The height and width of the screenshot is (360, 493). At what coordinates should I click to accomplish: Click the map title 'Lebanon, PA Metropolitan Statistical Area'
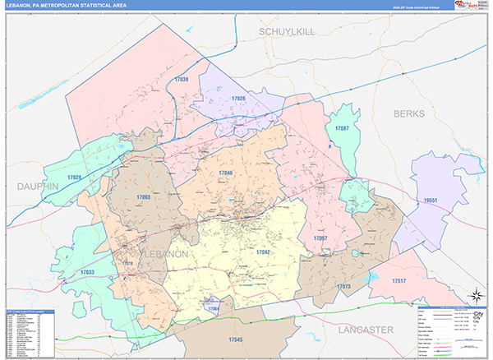coord(71,6)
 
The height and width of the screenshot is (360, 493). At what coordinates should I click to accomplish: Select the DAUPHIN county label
coord(38,187)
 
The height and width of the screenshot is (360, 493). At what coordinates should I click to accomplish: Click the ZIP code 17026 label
coord(238,98)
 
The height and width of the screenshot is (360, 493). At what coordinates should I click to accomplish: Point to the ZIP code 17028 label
coord(75,178)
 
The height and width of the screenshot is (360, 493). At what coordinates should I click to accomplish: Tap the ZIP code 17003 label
coord(143,197)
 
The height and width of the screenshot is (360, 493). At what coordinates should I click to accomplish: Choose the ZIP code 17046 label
coord(226,173)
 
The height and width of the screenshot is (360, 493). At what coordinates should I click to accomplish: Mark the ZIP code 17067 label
coord(320,238)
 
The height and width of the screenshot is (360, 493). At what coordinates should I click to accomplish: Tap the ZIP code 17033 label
coord(86,271)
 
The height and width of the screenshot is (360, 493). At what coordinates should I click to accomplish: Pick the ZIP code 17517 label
coord(399,281)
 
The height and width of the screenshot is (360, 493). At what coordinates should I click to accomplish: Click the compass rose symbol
coord(474,294)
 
